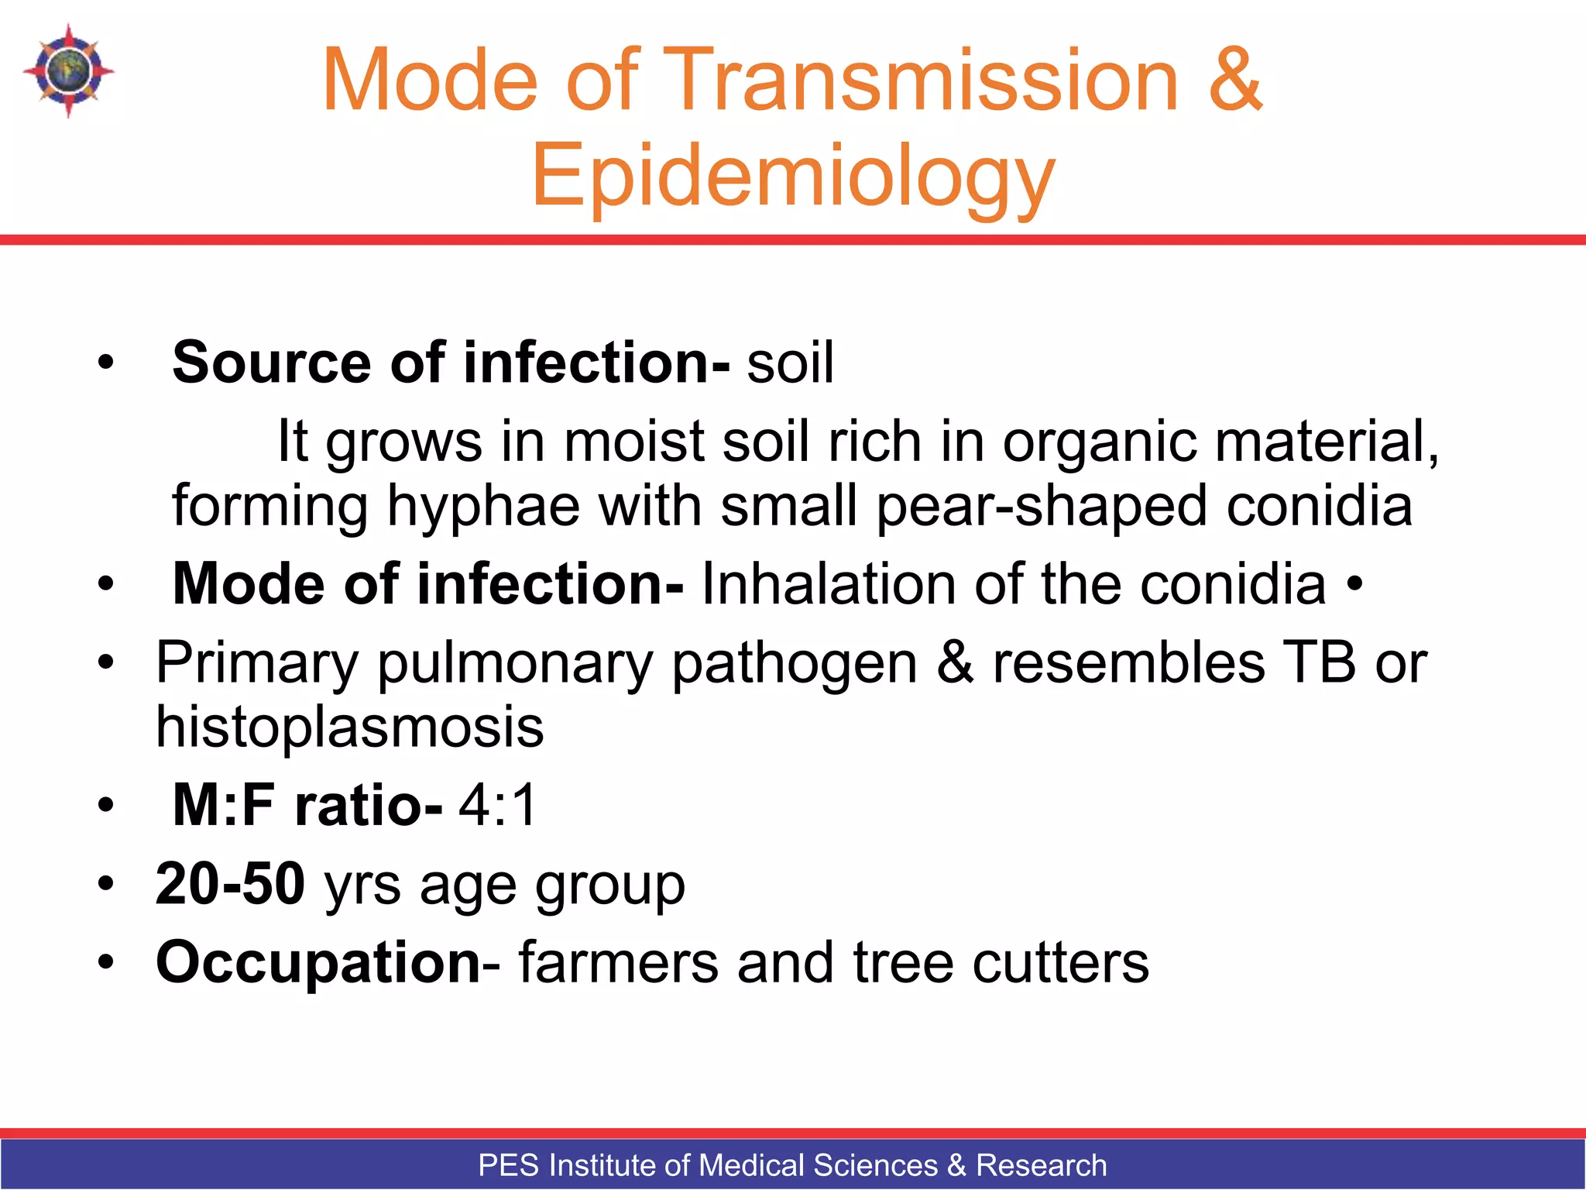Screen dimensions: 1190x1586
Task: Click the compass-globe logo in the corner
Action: (68, 71)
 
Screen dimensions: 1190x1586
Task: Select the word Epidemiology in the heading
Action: (793, 177)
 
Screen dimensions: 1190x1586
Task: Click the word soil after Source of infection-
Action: (790, 363)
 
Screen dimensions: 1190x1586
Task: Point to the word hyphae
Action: (483, 505)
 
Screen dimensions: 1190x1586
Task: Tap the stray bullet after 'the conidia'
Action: (1354, 586)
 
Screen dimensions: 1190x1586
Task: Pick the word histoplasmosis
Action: (350, 728)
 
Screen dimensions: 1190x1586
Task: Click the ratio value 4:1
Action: (497, 806)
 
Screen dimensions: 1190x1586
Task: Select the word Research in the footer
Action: (1041, 1165)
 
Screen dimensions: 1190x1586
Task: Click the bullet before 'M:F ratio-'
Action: (106, 807)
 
